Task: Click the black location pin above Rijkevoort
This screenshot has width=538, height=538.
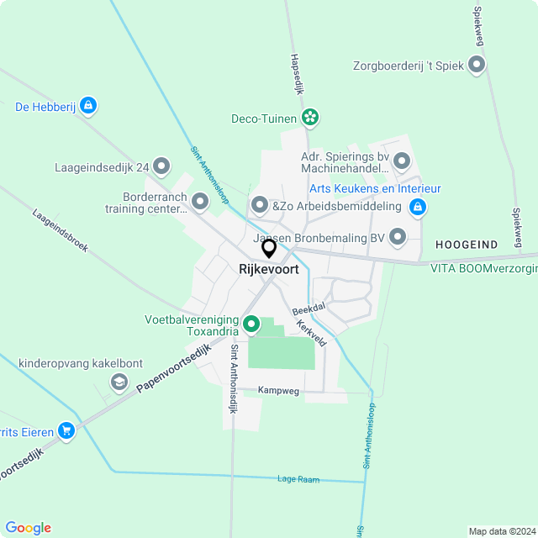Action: (269, 248)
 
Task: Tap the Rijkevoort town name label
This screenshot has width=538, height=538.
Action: (269, 270)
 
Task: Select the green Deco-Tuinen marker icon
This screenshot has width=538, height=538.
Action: (310, 119)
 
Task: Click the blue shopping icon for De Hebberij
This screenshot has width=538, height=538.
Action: (89, 107)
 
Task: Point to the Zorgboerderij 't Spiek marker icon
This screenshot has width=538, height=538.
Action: (477, 64)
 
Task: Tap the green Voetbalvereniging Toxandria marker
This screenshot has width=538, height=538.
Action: (251, 324)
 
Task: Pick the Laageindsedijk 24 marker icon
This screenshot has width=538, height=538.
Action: (161, 166)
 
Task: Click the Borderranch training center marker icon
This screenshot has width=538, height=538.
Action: (200, 202)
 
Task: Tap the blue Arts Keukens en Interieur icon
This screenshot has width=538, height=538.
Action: (418, 206)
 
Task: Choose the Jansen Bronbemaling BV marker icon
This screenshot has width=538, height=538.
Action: (398, 238)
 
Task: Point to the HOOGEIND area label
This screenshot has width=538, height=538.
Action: (467, 244)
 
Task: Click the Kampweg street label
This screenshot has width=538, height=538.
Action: (278, 391)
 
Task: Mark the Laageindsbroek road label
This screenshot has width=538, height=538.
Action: (61, 231)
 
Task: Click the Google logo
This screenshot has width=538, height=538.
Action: (28, 528)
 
